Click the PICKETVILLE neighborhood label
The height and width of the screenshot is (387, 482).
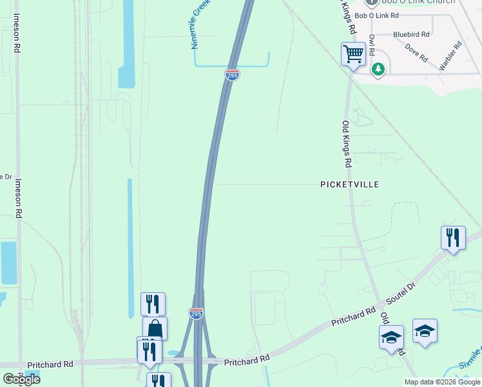[x=350, y=184]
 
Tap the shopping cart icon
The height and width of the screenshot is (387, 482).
[x=353, y=54]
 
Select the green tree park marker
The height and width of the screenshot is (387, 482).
[x=380, y=68]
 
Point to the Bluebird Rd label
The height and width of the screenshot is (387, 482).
[x=409, y=35]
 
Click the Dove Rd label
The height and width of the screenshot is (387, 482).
[x=417, y=52]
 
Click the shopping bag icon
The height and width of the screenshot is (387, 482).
[x=155, y=328]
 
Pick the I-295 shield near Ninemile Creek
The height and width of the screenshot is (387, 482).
[x=233, y=75]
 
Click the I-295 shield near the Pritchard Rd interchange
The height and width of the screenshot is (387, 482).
[x=197, y=313]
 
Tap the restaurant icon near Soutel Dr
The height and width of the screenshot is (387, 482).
[x=453, y=237]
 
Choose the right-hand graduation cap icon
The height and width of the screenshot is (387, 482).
[x=425, y=331]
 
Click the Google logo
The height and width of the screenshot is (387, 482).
[x=21, y=379]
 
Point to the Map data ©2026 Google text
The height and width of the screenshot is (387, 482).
[x=443, y=382]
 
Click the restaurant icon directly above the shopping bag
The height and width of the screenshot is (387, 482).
[x=153, y=303]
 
